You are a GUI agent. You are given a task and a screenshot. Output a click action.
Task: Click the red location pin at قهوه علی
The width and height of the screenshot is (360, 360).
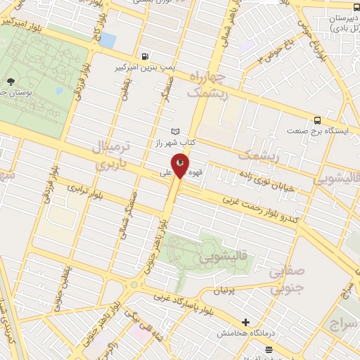[x=181, y=165]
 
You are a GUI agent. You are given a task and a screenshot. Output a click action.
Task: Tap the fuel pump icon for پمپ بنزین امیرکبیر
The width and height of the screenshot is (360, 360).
[x=145, y=56]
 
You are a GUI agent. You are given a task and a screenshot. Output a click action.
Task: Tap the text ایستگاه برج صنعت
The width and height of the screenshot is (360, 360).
[x=316, y=131]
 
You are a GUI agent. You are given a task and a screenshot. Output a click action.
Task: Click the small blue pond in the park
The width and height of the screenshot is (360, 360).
[x=107, y=39]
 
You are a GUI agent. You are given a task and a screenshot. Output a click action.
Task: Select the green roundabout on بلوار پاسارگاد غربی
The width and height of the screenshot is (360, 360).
[x=133, y=285]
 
